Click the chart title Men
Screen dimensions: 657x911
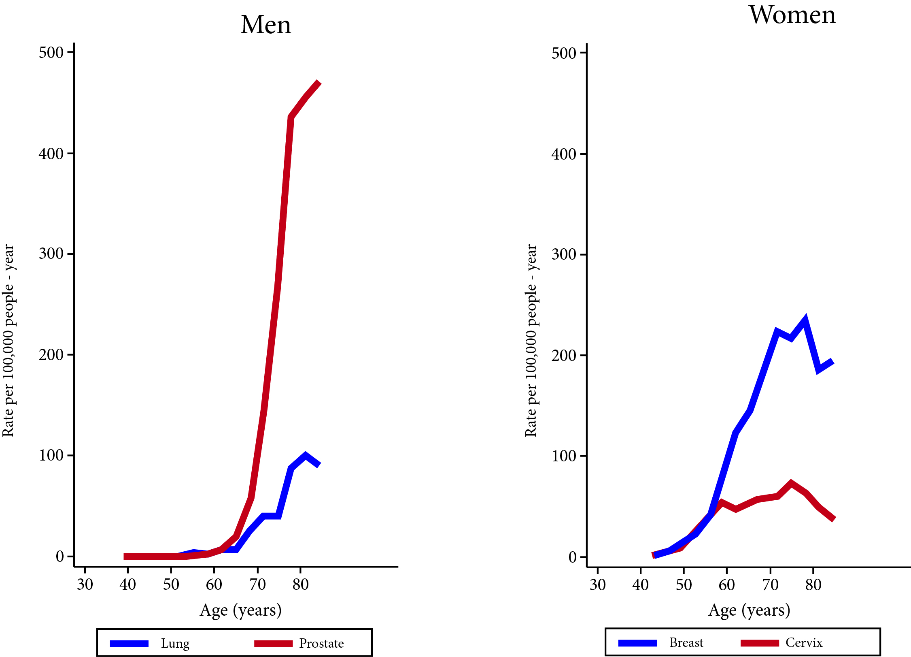(265, 25)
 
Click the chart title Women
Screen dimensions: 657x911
(792, 15)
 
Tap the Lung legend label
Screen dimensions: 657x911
(175, 643)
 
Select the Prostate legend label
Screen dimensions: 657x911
(321, 643)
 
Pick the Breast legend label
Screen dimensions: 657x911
(686, 642)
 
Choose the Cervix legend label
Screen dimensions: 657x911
(804, 642)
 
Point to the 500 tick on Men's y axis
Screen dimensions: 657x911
(51, 53)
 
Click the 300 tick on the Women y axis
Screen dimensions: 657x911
(564, 254)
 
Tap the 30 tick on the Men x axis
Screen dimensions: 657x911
(85, 584)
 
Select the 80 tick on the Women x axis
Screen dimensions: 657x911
(813, 584)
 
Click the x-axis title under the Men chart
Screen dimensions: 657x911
(240, 610)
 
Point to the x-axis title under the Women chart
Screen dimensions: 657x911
(749, 610)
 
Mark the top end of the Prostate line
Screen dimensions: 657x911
(319, 83)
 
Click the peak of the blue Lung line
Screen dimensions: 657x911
(305, 454)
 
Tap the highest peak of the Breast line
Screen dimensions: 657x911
(805, 320)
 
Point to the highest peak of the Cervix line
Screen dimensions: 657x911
(791, 483)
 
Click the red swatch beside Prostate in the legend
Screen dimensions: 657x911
(273, 644)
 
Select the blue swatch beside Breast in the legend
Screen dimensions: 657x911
(637, 643)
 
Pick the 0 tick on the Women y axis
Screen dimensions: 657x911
(572, 557)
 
